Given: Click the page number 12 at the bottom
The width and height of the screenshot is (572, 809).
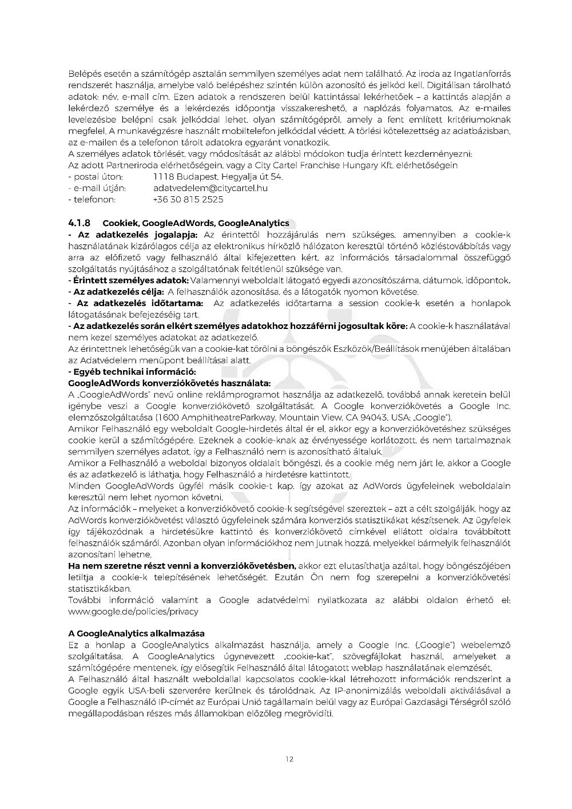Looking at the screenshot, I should pos(289,759).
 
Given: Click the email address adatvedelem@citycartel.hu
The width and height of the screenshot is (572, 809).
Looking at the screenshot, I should pos(210,188).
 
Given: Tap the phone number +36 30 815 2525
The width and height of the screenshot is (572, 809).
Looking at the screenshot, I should pos(188,200).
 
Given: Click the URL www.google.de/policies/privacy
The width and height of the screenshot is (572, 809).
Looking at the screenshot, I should pos(133,612).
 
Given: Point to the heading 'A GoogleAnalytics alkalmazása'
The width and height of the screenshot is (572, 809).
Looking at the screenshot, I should pos(136,633).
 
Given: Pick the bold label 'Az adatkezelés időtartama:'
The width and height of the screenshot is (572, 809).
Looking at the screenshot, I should pos(137,303).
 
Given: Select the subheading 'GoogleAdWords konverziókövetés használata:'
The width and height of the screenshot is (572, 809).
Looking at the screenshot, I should pos(169,383).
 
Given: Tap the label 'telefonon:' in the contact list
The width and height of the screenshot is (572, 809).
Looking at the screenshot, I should pos(93,200).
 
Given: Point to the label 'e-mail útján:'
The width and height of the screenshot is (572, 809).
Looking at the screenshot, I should pos(98,188).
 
